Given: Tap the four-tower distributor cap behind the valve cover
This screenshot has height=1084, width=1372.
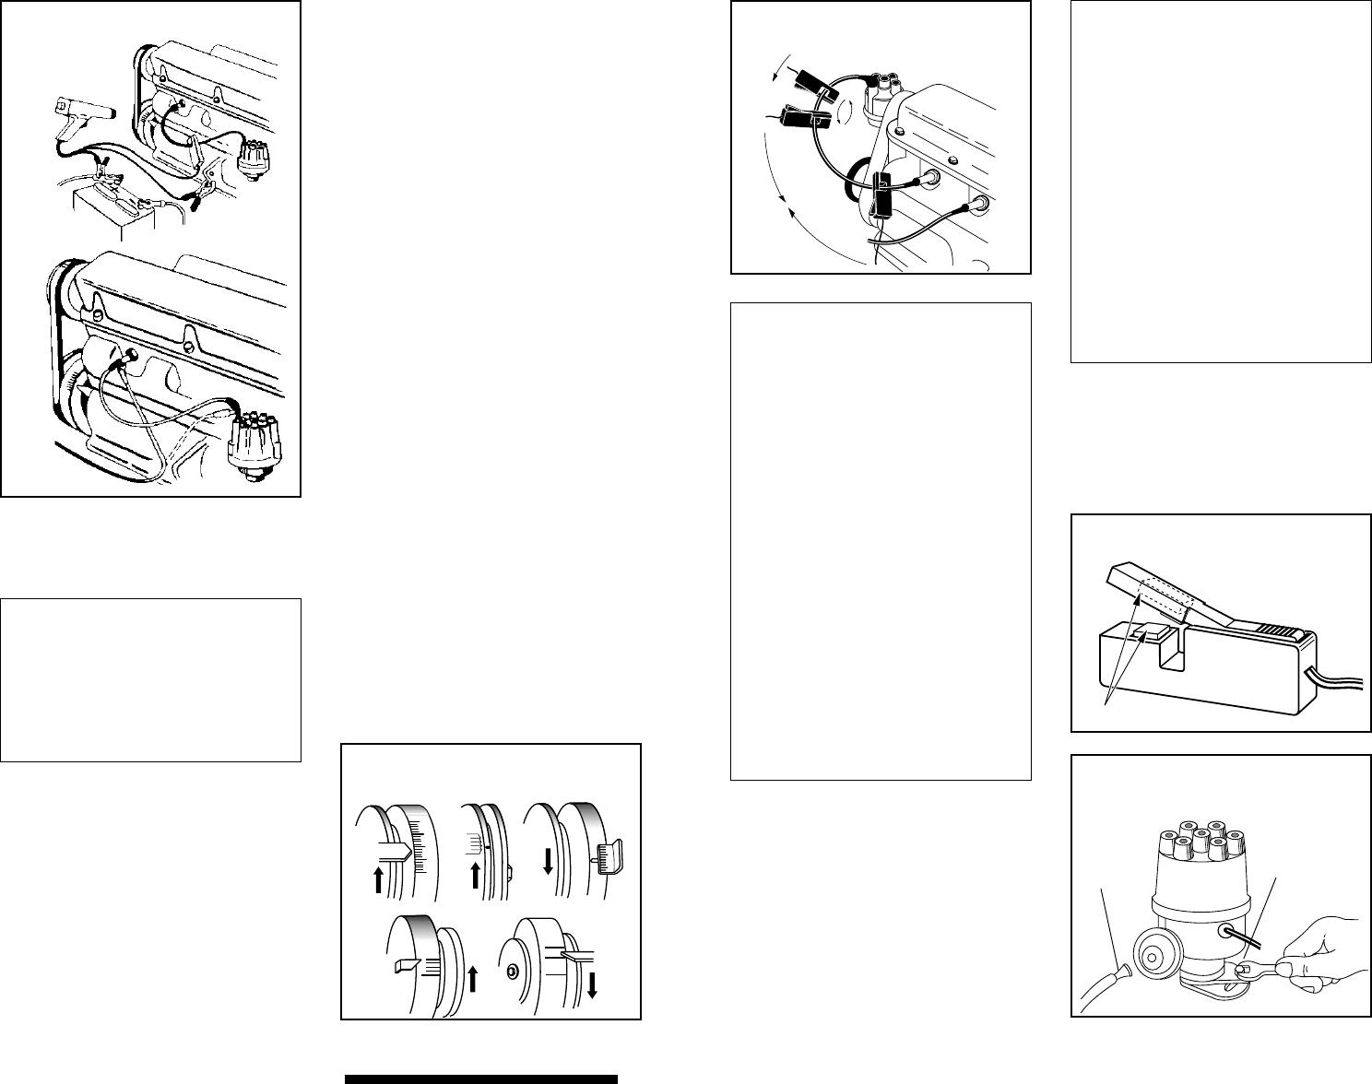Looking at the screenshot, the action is pyautogui.click(x=881, y=89).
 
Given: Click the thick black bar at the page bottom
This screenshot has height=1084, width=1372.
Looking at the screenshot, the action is pyautogui.click(x=480, y=1078).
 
